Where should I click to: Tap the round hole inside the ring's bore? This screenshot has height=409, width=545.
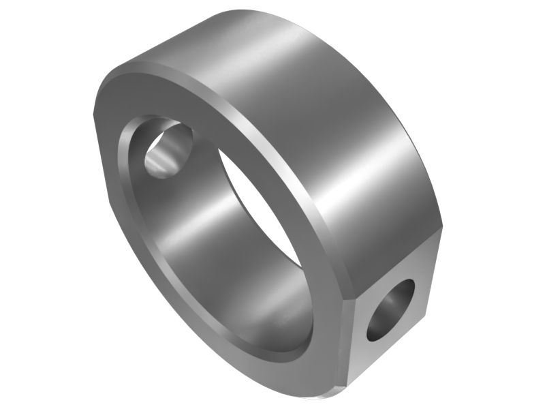coord(168,149)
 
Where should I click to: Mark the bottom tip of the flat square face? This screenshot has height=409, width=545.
coord(349,399)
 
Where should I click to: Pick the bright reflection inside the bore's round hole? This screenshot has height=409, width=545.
coord(158,162)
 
